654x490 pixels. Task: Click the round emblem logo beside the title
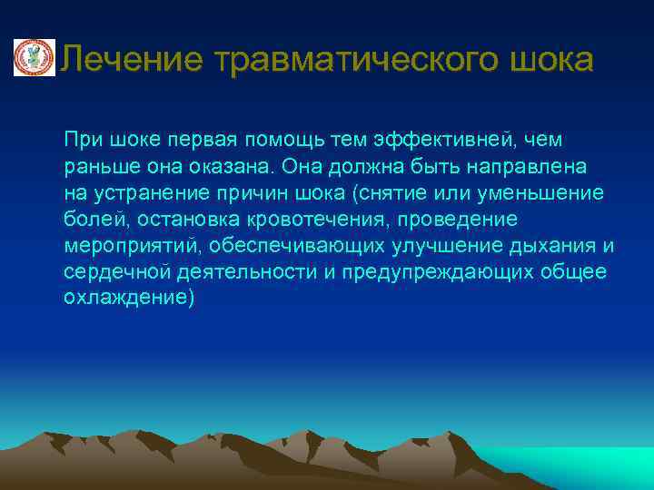tap(34, 58)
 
